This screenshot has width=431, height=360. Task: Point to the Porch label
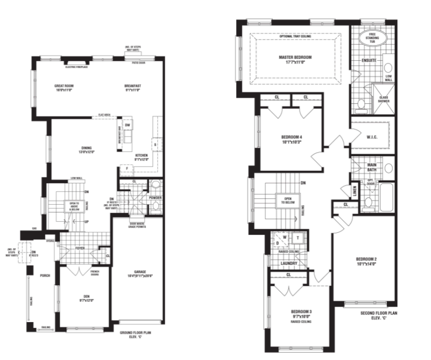point(44,275)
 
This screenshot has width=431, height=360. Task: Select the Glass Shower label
point(384,99)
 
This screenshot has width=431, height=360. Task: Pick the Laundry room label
point(288,263)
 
